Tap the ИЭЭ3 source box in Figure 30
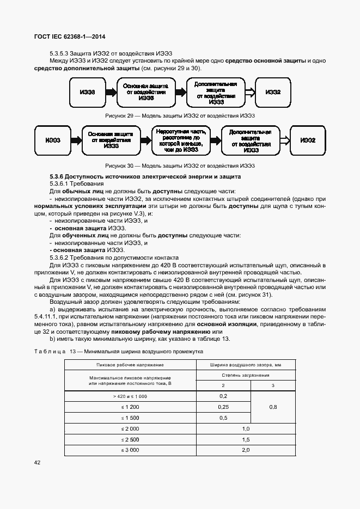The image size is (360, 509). coord(53,140)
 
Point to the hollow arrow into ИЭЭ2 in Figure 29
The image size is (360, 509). coord(249,93)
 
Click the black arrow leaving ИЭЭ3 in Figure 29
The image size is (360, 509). coord(111,93)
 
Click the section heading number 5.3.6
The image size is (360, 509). coord(57,177)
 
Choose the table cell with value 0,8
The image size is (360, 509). coord(273,407)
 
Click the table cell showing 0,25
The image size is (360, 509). coord(223,407)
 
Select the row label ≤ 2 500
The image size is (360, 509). coord(130,439)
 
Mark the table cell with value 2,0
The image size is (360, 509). coord(245,450)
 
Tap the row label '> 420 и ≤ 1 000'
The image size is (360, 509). coord(130,396)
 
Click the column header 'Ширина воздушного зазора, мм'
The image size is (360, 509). coord(245,365)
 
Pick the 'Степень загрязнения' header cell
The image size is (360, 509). coord(245,375)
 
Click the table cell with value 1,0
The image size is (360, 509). coord(245,429)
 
